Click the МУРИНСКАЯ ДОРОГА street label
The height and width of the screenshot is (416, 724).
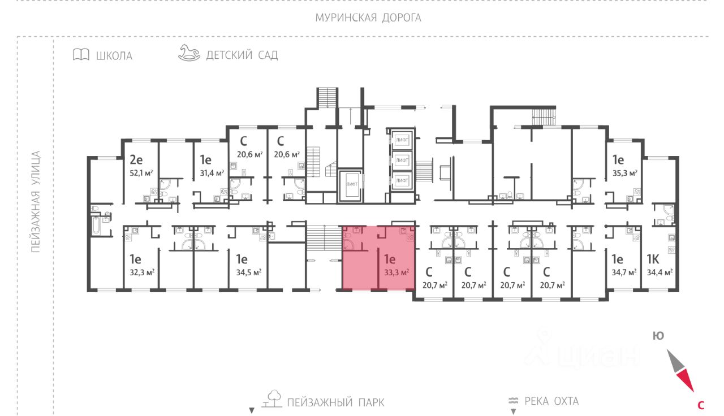click(368, 18)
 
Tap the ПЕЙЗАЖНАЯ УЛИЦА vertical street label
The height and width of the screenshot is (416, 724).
click(36, 201)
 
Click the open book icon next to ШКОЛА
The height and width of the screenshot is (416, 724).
click(81, 55)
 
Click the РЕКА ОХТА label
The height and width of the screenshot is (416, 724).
click(551, 401)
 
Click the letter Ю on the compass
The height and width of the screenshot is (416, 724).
click(658, 336)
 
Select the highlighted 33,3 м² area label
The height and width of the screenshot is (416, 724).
click(396, 272)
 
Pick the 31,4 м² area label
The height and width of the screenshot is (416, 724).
click(212, 173)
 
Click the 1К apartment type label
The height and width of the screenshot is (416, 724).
click(653, 260)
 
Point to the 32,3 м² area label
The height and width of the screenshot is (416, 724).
click(142, 272)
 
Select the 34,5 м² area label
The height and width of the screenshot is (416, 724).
click(248, 272)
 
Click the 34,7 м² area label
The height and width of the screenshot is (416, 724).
click(623, 272)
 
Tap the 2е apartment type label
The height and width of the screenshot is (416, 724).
click(136, 161)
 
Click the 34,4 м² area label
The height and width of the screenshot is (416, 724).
click(660, 272)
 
